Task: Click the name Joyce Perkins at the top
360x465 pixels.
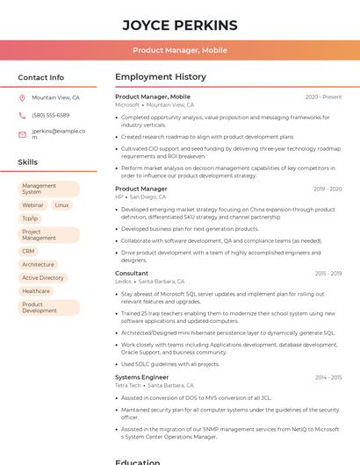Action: pyautogui.click(x=180, y=25)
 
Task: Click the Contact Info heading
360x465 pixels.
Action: pyautogui.click(x=41, y=77)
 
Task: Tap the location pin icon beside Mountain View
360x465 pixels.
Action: pyautogui.click(x=22, y=98)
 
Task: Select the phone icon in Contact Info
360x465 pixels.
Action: pyautogui.click(x=22, y=116)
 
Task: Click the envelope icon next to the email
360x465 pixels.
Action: pyautogui.click(x=22, y=134)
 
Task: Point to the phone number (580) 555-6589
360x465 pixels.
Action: pyautogui.click(x=51, y=116)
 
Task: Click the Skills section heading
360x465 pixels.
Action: pyautogui.click(x=28, y=162)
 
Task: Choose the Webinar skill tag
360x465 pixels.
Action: pyautogui.click(x=32, y=205)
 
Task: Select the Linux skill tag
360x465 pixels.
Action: pyautogui.click(x=61, y=205)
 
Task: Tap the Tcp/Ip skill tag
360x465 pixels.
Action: pyautogui.click(x=30, y=218)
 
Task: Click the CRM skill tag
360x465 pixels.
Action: pyautogui.click(x=29, y=251)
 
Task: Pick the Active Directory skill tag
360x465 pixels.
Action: pyautogui.click(x=43, y=278)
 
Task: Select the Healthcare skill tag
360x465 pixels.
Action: pyautogui.click(x=36, y=291)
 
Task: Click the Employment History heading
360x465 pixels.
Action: pyautogui.click(x=161, y=77)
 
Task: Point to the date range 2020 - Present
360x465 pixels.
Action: pyautogui.click(x=323, y=97)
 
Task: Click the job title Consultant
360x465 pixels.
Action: pyautogui.click(x=132, y=273)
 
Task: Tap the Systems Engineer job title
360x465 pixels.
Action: pyautogui.click(x=141, y=377)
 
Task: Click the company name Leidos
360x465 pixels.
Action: pyautogui.click(x=123, y=282)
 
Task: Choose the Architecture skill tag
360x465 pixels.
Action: pyautogui.click(x=38, y=264)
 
